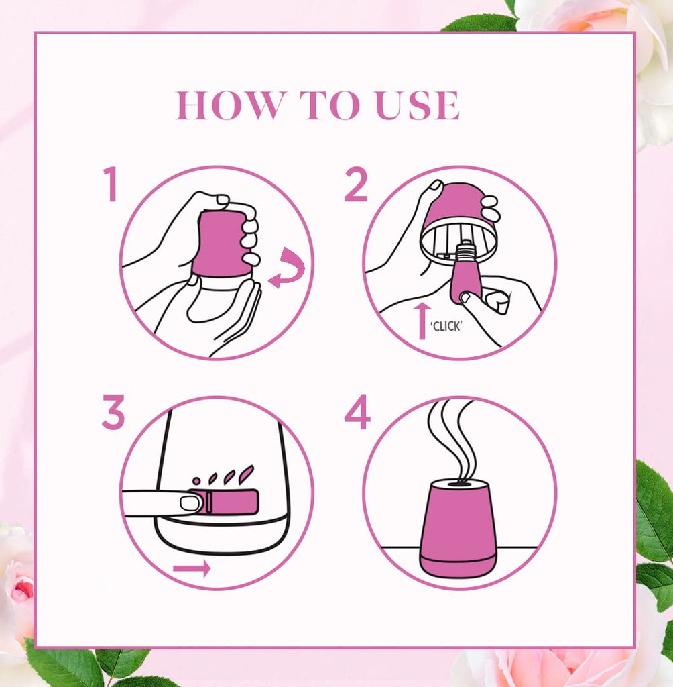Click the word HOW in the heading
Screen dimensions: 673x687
pyautogui.click(x=229, y=105)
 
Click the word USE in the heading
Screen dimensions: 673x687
pyautogui.click(x=418, y=105)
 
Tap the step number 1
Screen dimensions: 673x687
pyautogui.click(x=110, y=184)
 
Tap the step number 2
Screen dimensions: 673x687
pyautogui.click(x=355, y=184)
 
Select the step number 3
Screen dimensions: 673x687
pyautogui.click(x=113, y=413)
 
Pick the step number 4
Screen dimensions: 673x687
pyautogui.click(x=357, y=413)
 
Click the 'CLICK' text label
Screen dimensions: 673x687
pyautogui.click(x=446, y=327)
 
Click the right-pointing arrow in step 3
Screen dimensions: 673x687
pyautogui.click(x=192, y=569)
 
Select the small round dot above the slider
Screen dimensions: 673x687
pyautogui.click(x=196, y=481)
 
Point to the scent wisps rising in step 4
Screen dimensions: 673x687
pyautogui.click(x=451, y=438)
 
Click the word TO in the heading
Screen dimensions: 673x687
pyautogui.click(x=329, y=105)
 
